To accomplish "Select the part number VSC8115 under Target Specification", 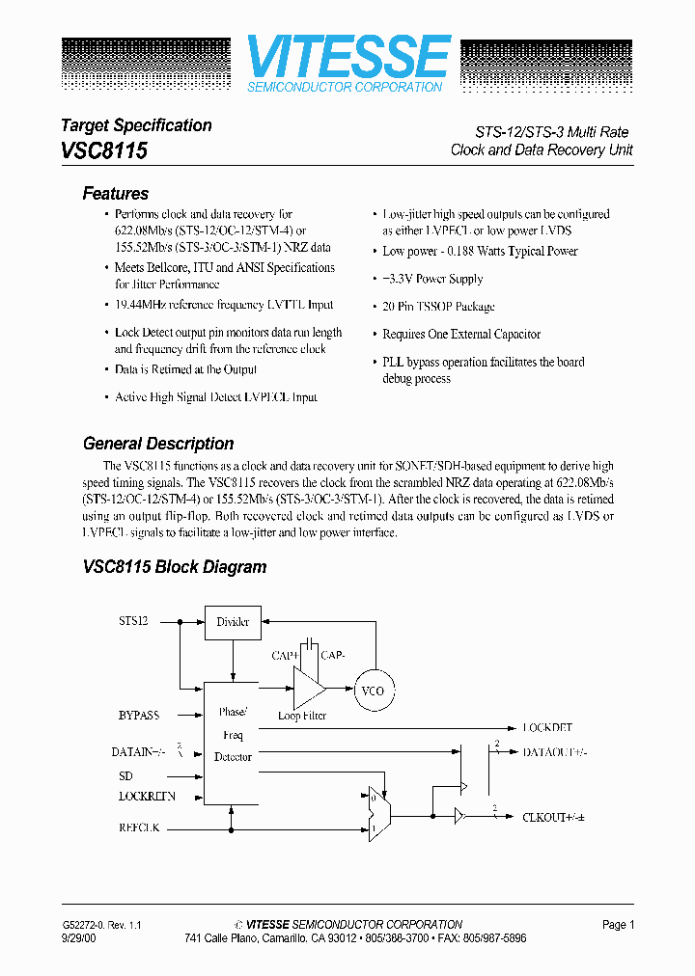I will point(104,150).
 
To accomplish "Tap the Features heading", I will point(116,194).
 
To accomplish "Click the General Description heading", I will point(158,445).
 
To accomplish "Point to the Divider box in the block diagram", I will point(233,622).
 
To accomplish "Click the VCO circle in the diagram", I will point(372,691).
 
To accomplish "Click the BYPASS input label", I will point(139,716).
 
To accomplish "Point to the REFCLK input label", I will point(139,828).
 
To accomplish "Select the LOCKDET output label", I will point(548,728).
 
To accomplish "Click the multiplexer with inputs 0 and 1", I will point(378,812).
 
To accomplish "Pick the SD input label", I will point(125,776).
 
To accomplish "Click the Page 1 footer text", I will point(618,925).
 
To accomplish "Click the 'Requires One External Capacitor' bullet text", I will point(461,335).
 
